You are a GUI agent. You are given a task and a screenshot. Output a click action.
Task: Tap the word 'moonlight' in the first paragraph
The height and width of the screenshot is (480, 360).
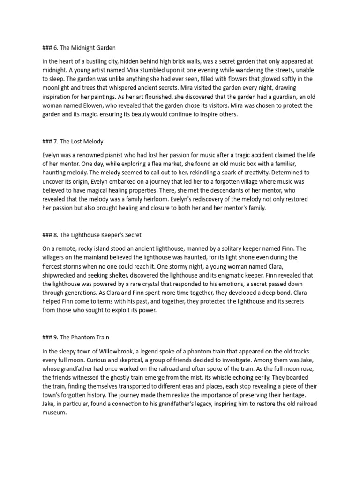[58, 88]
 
